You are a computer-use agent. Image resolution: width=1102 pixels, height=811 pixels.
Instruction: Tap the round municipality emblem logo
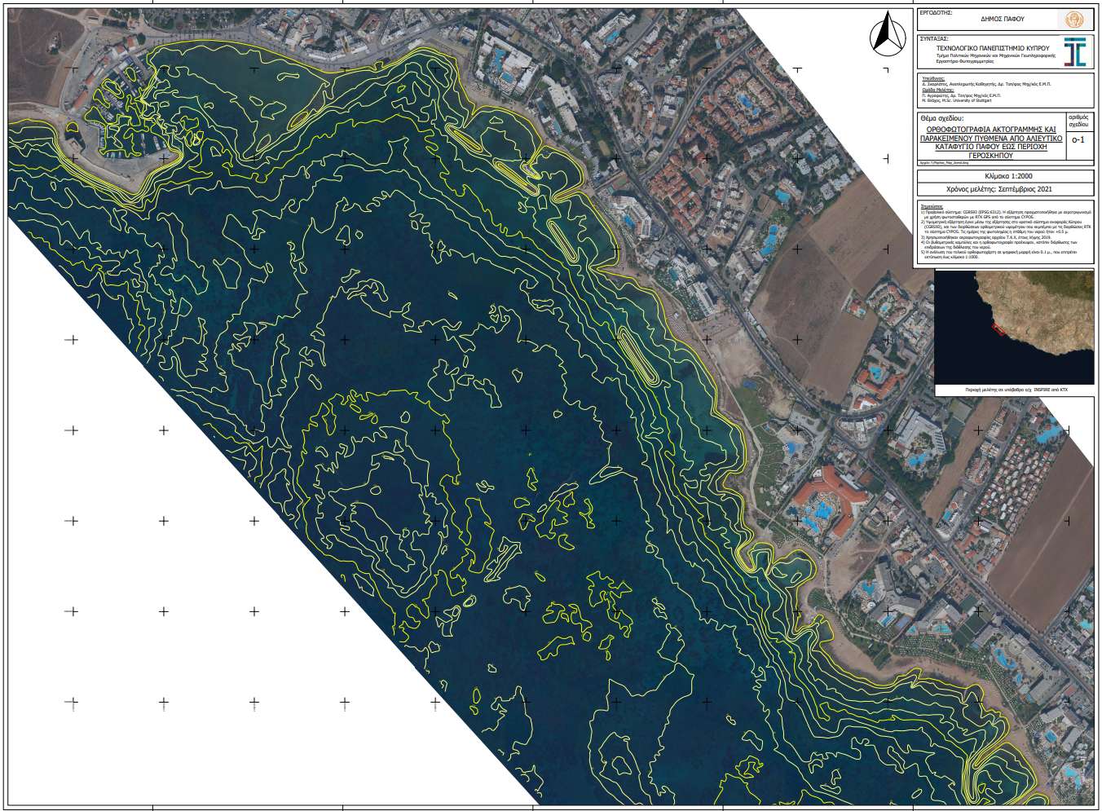[x=1069, y=19]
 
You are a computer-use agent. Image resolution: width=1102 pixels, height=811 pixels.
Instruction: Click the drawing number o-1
[x=1078, y=139]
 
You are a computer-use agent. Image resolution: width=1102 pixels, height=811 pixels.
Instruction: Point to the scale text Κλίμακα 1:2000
[x=1003, y=177]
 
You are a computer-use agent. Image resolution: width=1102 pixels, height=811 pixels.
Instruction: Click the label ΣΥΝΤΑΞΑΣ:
[x=933, y=38]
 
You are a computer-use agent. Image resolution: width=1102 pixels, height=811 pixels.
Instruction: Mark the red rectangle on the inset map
[x=997, y=327]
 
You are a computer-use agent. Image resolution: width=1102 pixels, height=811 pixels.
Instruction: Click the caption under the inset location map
[x=1016, y=390]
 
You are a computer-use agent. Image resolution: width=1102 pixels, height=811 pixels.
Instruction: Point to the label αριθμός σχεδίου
[x=1078, y=122]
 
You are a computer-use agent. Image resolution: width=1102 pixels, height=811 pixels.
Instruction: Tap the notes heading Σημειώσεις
[x=930, y=207]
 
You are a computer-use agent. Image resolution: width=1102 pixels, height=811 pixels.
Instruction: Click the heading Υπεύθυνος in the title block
[x=931, y=79]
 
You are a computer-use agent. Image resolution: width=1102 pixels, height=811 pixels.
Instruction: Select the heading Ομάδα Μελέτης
[x=933, y=90]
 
